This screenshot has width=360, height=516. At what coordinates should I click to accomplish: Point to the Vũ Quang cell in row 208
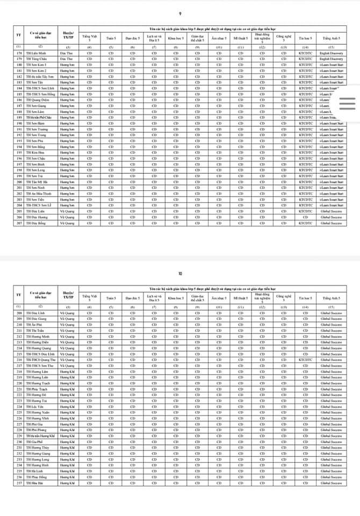coord(67,313)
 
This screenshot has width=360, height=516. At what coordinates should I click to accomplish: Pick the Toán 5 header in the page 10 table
coord(111,297)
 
